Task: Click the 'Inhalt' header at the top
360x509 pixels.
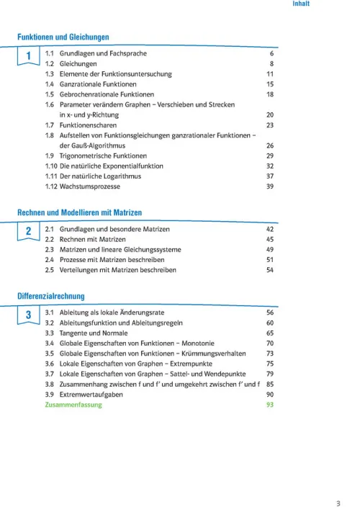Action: pyautogui.click(x=301, y=4)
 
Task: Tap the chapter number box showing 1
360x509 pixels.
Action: pyautogui.click(x=28, y=56)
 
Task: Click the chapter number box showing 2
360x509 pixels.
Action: pyautogui.click(x=28, y=232)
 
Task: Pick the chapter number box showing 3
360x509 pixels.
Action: pyautogui.click(x=28, y=316)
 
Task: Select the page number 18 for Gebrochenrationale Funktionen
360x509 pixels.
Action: pyautogui.click(x=270, y=94)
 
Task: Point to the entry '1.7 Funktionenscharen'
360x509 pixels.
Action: pyautogui.click(x=78, y=125)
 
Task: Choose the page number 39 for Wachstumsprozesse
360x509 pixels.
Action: pyautogui.click(x=270, y=186)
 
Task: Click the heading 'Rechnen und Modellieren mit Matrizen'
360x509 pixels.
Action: pyautogui.click(x=79, y=212)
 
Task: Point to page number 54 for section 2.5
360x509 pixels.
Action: pyautogui.click(x=270, y=270)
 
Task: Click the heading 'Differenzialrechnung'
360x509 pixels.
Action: pyautogui.click(x=50, y=296)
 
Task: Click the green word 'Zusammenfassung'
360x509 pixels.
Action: pyautogui.click(x=73, y=405)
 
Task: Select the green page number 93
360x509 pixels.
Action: pyautogui.click(x=270, y=405)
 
